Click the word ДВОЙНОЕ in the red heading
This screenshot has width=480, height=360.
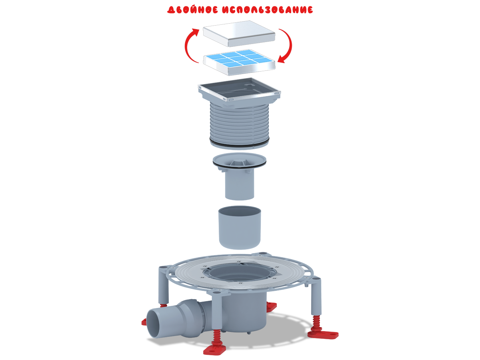point(192,10)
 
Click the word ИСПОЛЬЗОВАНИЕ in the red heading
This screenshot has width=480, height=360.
point(268,10)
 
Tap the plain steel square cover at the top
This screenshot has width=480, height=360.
point(239,34)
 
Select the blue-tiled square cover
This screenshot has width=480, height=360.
point(239,62)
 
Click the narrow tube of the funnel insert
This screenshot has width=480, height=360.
point(240,185)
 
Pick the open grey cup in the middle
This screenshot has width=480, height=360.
point(240,227)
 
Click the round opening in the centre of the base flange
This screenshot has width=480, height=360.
point(240,273)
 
